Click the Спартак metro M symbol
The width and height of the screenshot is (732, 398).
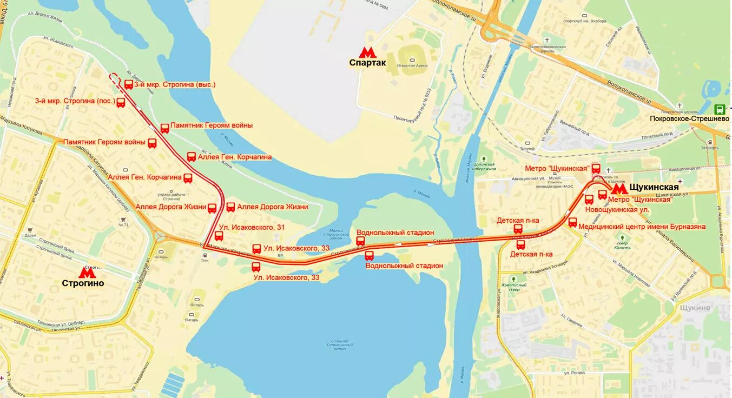(x=367, y=52)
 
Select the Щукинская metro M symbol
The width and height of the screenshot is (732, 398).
(x=619, y=189)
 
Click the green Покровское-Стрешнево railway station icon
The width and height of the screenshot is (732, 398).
(x=720, y=109)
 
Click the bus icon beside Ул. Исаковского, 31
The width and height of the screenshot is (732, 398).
(x=219, y=236)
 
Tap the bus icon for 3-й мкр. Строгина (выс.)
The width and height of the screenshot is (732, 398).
(x=129, y=84)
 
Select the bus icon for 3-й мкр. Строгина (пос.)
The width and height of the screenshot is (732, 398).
(x=121, y=103)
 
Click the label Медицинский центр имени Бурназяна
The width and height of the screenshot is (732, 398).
(x=642, y=227)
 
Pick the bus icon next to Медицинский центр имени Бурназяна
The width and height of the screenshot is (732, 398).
(x=572, y=222)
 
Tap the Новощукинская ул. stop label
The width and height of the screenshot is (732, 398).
(x=617, y=209)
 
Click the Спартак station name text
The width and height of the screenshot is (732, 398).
(x=367, y=63)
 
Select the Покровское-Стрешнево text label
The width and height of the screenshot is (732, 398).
(x=689, y=118)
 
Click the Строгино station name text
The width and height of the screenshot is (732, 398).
(x=83, y=283)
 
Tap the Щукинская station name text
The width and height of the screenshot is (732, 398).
(x=654, y=187)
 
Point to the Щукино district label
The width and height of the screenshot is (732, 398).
(x=692, y=308)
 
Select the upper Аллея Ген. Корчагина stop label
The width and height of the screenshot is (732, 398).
(x=234, y=157)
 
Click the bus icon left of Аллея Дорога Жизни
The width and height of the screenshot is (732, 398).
(x=212, y=208)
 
